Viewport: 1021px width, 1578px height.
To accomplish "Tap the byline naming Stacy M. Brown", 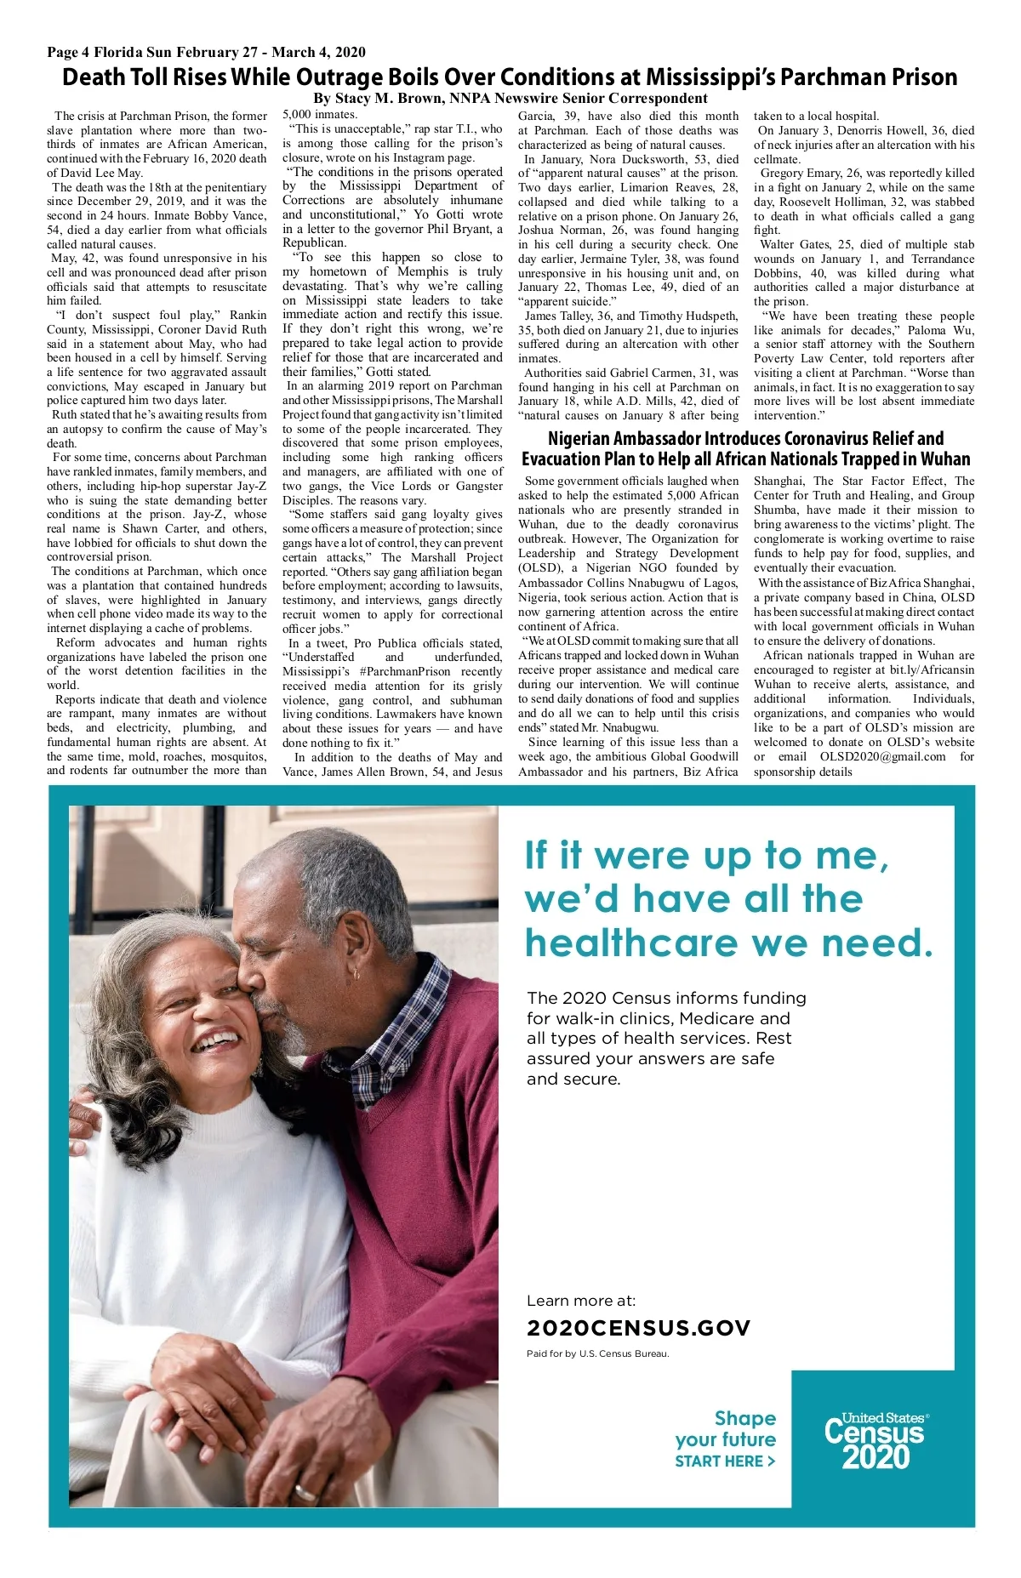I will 510,98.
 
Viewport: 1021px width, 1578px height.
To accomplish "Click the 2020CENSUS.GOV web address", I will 638,1328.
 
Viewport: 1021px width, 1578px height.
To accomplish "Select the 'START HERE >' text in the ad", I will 725,1461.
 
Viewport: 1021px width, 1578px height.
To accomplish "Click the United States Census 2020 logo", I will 876,1441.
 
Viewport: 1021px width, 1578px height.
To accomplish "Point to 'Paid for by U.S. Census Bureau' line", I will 597,1353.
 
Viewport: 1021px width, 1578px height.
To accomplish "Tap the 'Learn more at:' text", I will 581,1301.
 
